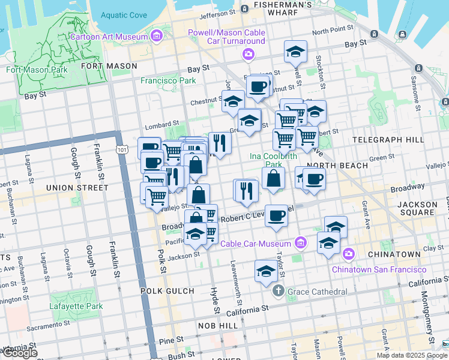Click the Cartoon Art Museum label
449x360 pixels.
click(109, 37)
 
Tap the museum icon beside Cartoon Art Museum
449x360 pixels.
click(157, 37)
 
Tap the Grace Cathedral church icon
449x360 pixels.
click(278, 292)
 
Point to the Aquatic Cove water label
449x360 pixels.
click(124, 15)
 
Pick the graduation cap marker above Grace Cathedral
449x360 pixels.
click(266, 271)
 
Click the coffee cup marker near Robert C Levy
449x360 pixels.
click(276, 215)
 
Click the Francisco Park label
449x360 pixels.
click(168, 80)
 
